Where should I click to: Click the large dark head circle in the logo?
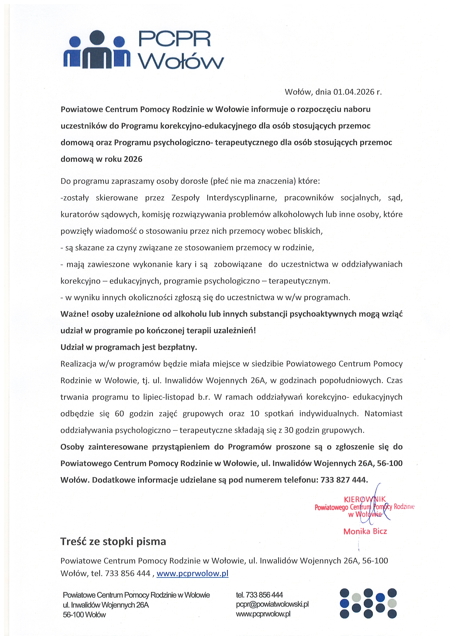tap(97, 37)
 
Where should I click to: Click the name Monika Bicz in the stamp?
tap(365, 531)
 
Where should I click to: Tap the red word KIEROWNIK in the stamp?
tap(365, 499)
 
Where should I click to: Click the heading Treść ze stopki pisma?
tap(113, 542)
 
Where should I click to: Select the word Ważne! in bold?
tap(74, 314)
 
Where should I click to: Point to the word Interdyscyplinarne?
tap(242, 198)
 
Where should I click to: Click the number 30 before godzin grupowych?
tap(289, 430)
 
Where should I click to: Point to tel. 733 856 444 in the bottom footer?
tap(259, 595)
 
